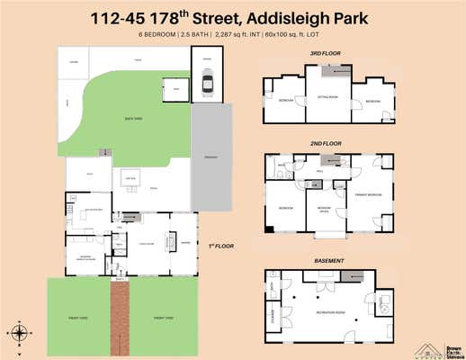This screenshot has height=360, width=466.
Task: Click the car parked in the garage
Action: [208, 85]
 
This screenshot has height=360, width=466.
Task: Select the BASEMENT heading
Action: [329, 260]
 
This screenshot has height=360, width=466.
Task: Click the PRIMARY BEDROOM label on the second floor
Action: [368, 194]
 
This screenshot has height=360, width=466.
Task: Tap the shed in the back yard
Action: [175, 88]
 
